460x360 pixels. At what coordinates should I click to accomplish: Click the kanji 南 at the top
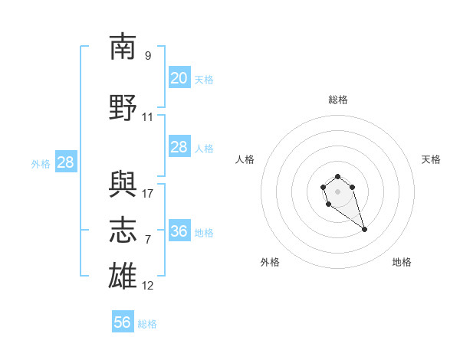[123, 46]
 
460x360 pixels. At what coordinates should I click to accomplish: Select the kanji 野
[123, 107]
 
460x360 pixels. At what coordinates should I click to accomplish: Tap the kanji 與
[123, 184]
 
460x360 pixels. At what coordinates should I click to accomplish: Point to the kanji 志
[123, 230]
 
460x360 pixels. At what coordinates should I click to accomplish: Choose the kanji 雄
[123, 276]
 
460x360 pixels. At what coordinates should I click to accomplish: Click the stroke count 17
[147, 194]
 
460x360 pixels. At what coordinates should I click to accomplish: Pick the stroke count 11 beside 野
[147, 117]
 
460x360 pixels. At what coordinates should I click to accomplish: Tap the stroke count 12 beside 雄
[147, 286]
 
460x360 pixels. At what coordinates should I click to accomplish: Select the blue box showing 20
[179, 77]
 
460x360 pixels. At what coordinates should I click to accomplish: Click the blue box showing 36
[179, 230]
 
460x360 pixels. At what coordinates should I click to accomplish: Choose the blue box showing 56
[123, 321]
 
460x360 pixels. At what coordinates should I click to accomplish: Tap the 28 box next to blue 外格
[66, 162]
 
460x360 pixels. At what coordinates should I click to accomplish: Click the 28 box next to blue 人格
[179, 146]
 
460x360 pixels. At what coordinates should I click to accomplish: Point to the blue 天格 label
[204, 80]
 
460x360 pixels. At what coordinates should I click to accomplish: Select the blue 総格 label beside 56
[147, 324]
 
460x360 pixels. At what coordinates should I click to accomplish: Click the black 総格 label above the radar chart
[338, 100]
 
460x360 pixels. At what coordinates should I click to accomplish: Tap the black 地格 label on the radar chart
[402, 262]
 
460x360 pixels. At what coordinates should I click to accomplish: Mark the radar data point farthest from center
[364, 230]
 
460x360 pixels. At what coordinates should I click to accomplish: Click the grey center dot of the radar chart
[337, 191]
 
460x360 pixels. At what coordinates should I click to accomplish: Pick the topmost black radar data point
[337, 176]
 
